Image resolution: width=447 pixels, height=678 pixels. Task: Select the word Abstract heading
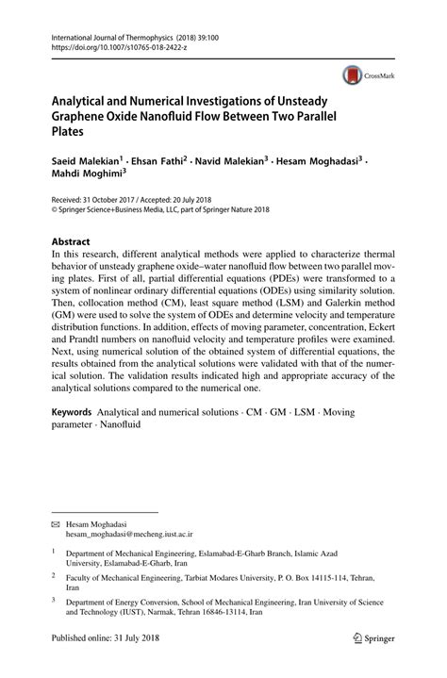[74, 240]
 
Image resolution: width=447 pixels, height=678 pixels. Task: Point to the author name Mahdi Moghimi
[87, 173]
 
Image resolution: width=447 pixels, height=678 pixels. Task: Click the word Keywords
[71, 412]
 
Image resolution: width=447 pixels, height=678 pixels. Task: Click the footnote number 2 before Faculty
[54, 573]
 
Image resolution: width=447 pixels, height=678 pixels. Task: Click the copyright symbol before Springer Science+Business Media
[54, 210]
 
